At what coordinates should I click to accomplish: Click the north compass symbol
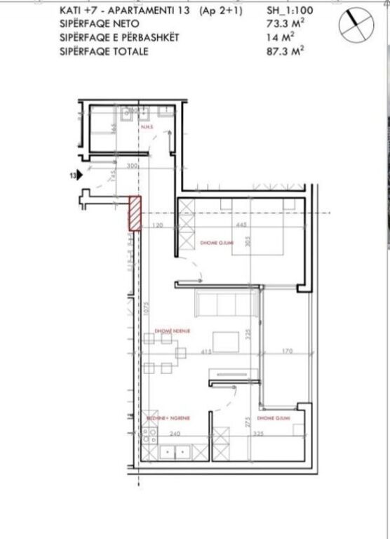tap(354, 27)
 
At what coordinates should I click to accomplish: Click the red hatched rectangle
tap(134, 213)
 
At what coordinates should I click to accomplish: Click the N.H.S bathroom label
tap(147, 128)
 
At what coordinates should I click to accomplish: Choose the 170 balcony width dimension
tap(288, 351)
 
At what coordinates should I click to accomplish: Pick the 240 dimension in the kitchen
tap(176, 434)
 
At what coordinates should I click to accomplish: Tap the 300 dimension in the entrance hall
tap(131, 166)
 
